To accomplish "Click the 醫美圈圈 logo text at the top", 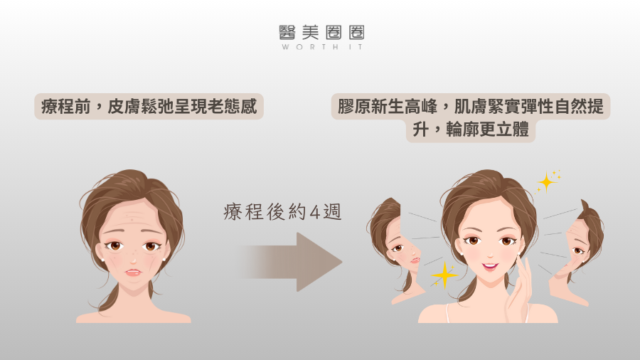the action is pos(321,32).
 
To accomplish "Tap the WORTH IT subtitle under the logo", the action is pos(321,47).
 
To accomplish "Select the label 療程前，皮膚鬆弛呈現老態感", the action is pos(149,107).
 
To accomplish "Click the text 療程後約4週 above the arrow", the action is pos(282,212).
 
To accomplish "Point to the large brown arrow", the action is pos(291,262).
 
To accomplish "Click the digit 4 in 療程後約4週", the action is pos(315,212).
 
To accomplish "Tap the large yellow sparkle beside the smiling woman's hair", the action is pos(547,181).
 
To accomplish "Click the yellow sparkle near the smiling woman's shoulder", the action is pos(444,275).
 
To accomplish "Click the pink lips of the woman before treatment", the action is pos(133,272).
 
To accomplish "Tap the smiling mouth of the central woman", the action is pos(490,267).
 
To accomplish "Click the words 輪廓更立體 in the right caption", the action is pos(487,129).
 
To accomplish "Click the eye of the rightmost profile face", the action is pos(577,250).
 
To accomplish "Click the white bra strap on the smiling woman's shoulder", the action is pos(448,313).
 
